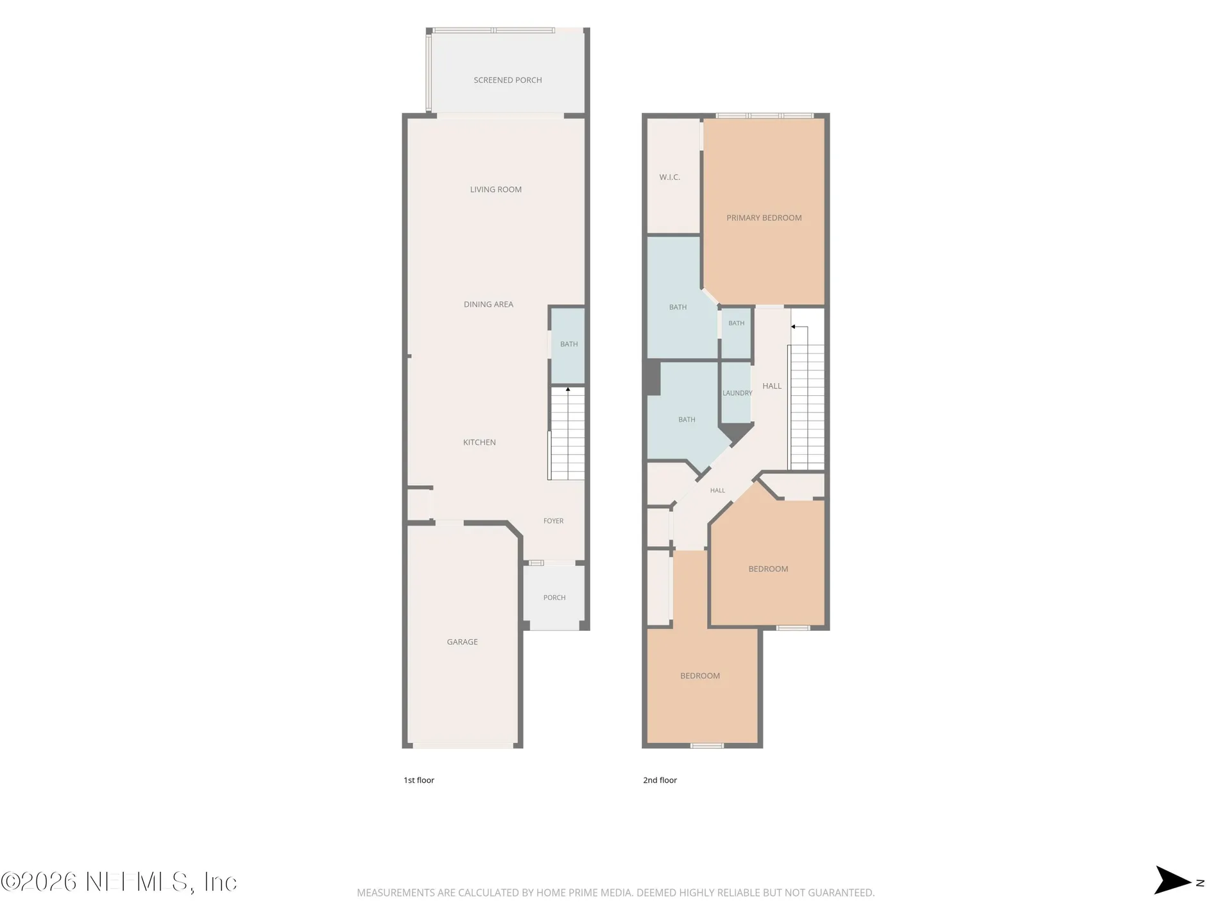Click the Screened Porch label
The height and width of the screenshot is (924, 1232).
tap(508, 80)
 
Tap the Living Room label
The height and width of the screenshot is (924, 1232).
tap(496, 189)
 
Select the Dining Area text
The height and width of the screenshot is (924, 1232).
tap(488, 304)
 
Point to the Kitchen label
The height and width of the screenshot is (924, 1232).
tap(479, 442)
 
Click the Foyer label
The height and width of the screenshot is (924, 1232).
tap(553, 521)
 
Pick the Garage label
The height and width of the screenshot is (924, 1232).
tap(462, 642)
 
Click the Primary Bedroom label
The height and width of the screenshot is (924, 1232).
tap(764, 218)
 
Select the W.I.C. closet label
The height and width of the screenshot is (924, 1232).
tap(669, 177)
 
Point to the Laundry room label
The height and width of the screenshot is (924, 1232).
tap(737, 393)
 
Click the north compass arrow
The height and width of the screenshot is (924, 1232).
tap(1173, 880)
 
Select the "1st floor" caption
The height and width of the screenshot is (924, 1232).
tap(419, 780)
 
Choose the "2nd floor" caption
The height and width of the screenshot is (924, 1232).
tap(660, 780)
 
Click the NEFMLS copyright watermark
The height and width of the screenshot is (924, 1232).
tap(119, 882)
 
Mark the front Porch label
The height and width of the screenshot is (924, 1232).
tap(554, 597)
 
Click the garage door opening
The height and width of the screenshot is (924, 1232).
tap(463, 746)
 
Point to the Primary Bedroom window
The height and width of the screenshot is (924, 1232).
tap(764, 116)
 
